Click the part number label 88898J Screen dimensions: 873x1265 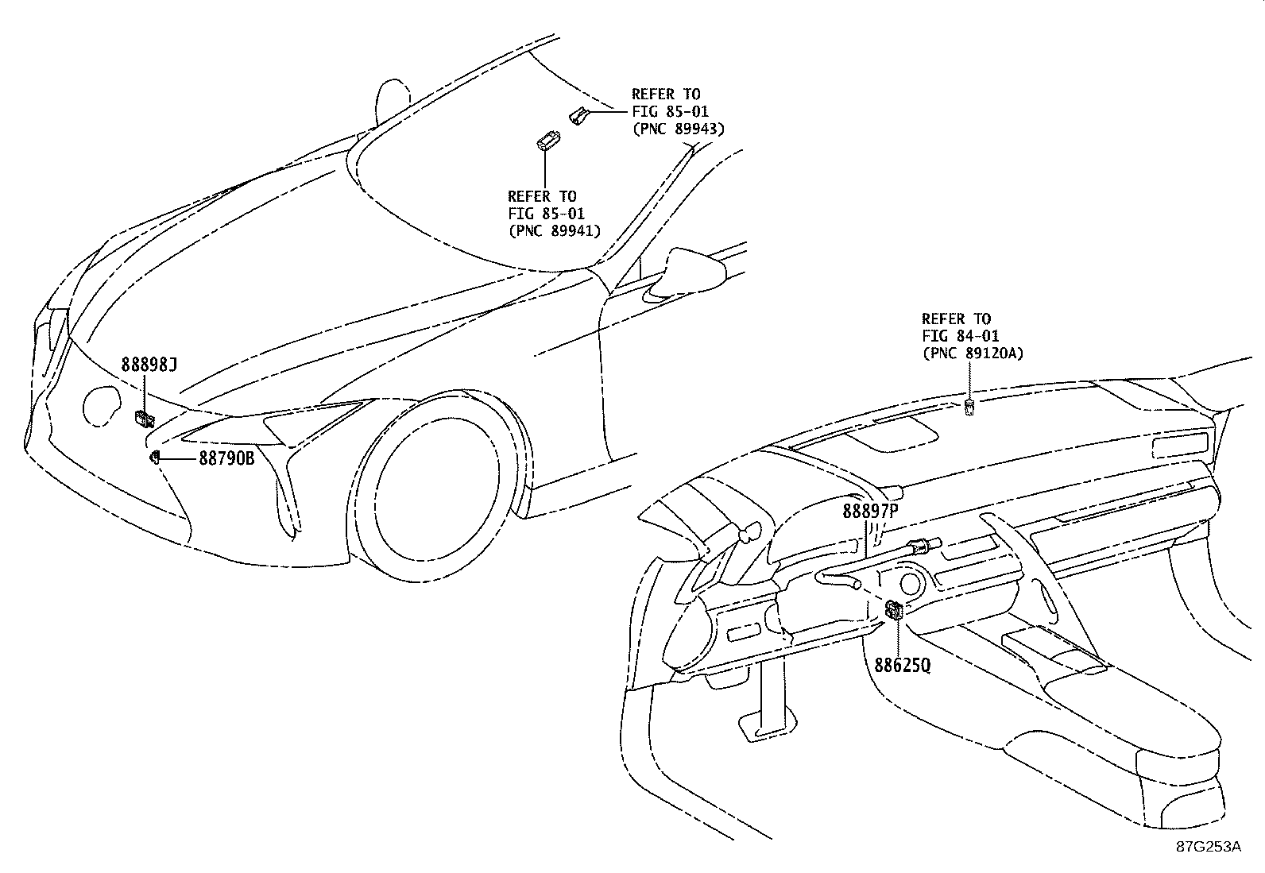click(x=149, y=365)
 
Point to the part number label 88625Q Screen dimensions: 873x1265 click(x=902, y=664)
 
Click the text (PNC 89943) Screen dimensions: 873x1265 click(x=678, y=129)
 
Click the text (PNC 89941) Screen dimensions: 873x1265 click(x=554, y=230)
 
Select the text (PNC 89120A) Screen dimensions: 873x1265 click(x=973, y=353)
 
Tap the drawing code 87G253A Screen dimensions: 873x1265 click(x=1209, y=847)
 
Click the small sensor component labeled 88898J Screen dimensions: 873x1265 click(x=145, y=418)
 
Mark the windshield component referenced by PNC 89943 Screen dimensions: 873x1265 click(x=578, y=116)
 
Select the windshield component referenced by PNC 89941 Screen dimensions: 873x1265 click(x=546, y=142)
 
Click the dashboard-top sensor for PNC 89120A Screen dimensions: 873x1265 click(x=969, y=408)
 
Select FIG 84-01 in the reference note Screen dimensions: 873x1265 click(x=961, y=336)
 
